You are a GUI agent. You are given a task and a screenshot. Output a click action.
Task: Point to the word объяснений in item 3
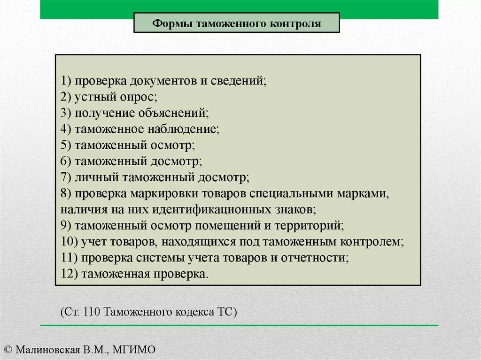173,113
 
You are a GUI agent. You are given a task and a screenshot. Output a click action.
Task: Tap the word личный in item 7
97,177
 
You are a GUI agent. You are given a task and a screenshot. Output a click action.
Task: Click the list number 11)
69,257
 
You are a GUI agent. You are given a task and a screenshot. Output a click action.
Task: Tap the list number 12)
69,274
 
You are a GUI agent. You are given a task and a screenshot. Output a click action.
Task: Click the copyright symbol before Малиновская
8,350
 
